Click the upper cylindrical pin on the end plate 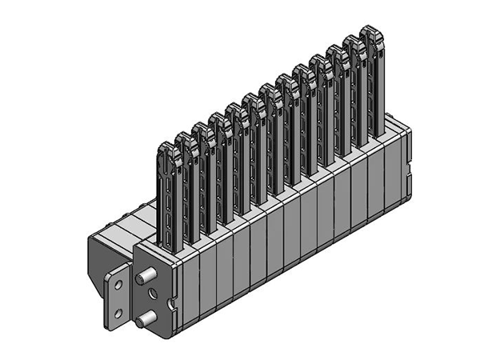(x=145, y=278)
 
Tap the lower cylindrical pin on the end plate (x=143, y=321)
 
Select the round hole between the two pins (x=152, y=298)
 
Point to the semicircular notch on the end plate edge (x=170, y=303)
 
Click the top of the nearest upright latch (x=166, y=150)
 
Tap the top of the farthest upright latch (x=370, y=34)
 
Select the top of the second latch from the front (x=184, y=140)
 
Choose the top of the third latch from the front (x=201, y=130)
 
